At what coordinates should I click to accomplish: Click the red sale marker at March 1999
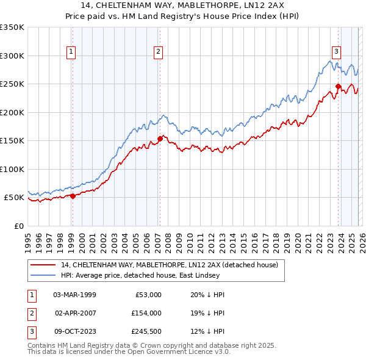73,196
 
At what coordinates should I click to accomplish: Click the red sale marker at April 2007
160,139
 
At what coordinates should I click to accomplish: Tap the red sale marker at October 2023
338,86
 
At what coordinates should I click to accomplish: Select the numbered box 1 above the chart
72,52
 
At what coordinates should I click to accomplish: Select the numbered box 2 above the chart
158,52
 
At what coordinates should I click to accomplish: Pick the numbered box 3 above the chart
336,52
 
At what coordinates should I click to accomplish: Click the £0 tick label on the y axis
18,226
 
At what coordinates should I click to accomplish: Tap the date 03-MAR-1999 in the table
74,295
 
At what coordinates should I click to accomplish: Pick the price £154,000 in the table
146,313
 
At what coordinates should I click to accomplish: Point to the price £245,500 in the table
146,332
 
